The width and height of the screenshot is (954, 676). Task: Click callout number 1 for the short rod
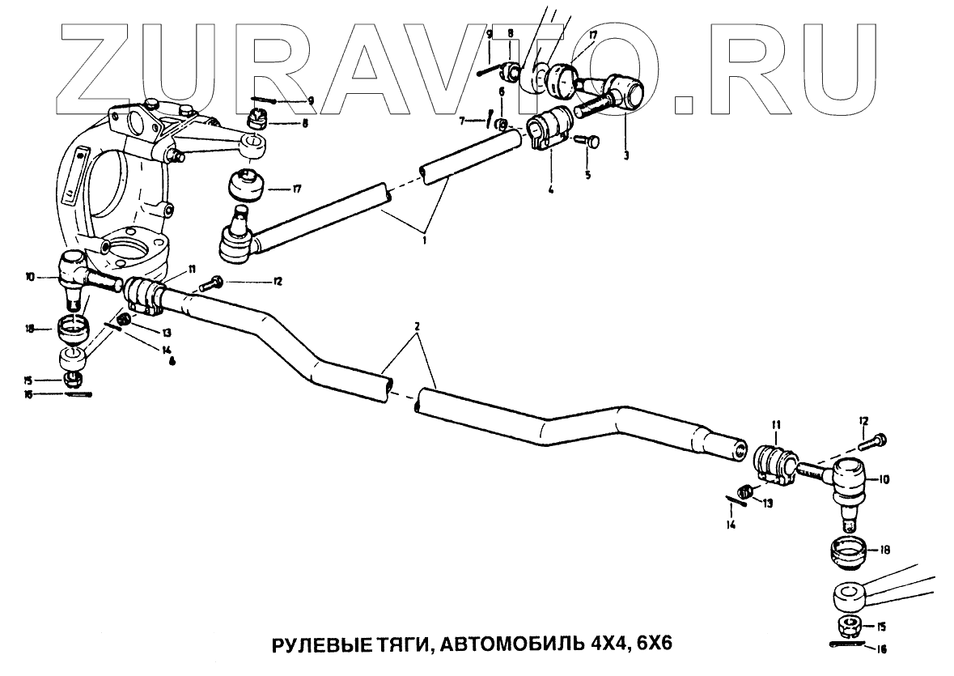(x=422, y=240)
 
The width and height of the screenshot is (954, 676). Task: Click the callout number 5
(x=588, y=174)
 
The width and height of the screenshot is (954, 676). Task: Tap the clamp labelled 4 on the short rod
(x=548, y=130)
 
